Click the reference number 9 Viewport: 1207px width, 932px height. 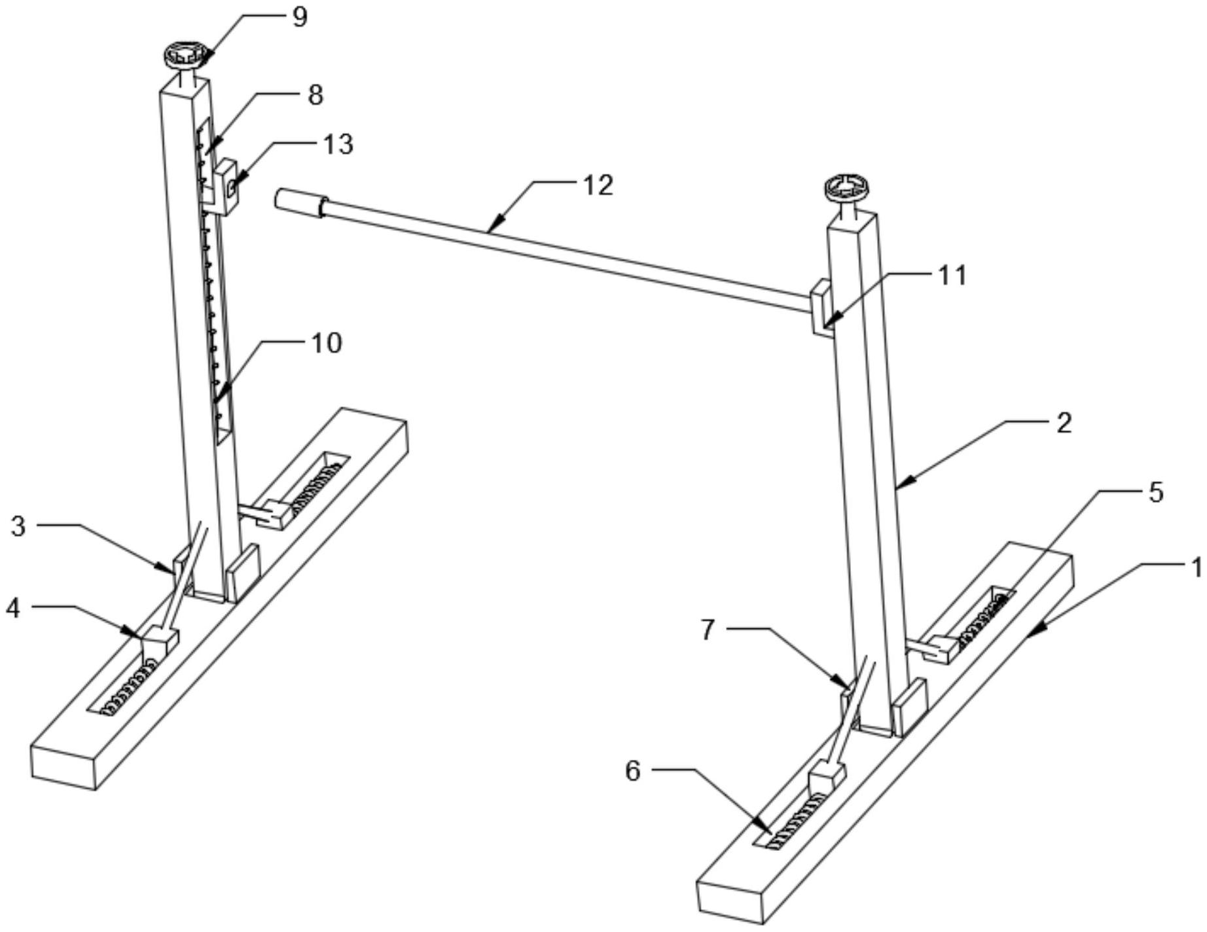point(299,17)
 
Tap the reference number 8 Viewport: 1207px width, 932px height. point(315,95)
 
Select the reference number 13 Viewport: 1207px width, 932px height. point(338,144)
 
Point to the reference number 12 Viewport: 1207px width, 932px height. point(598,185)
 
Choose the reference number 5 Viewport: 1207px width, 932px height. point(1157,492)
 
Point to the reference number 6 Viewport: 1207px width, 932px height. point(633,771)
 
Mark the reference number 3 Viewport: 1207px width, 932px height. point(18,526)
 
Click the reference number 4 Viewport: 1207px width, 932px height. point(13,608)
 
